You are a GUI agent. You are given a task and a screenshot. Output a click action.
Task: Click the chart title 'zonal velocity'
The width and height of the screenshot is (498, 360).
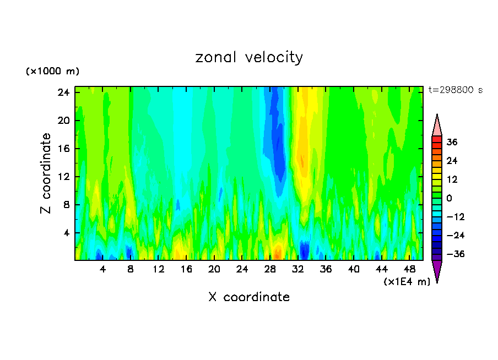point(249,57)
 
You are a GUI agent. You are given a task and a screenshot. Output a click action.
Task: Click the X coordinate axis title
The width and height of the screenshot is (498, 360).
point(249,297)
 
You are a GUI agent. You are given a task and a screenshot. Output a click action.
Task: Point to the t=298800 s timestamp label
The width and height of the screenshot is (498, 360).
point(455,90)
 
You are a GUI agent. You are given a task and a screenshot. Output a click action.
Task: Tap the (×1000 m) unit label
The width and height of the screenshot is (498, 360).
point(53,72)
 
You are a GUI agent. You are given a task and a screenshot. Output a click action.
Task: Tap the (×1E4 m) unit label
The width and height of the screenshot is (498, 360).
point(407,282)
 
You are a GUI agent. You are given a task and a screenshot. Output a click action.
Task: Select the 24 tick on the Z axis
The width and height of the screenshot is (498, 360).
point(63,92)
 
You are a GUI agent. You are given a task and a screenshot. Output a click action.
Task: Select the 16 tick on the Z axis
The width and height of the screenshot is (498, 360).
point(63,149)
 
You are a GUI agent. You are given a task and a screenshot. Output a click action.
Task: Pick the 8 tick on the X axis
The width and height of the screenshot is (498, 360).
point(131,269)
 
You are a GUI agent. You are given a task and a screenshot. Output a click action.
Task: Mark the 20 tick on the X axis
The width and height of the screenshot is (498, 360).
point(214,269)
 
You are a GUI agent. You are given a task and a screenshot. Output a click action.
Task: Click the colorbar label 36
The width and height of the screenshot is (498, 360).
point(452,142)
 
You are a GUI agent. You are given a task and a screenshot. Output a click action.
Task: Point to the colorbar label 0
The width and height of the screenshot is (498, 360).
point(449,198)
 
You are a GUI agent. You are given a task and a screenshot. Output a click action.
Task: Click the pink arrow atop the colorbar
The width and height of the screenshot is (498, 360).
point(437,126)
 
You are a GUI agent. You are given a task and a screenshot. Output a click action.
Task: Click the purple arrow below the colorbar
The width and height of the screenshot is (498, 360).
point(437,270)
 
